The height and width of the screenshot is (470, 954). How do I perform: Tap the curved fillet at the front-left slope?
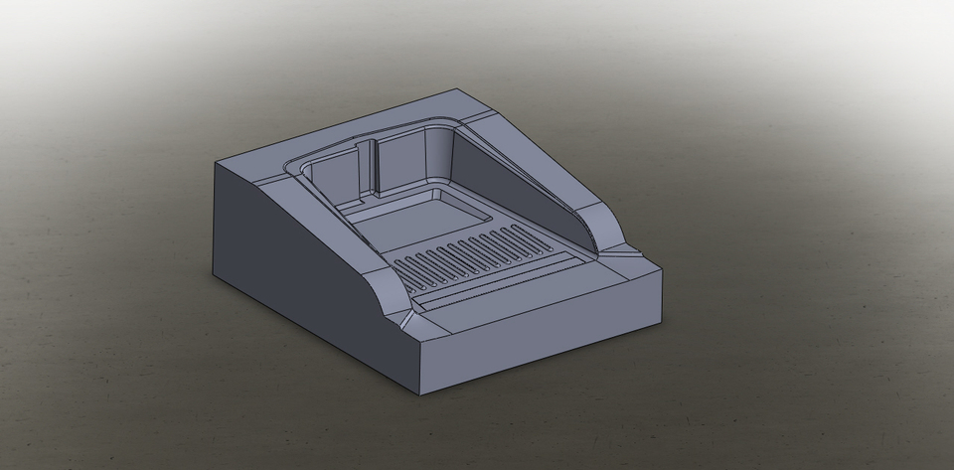tap(388, 298)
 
